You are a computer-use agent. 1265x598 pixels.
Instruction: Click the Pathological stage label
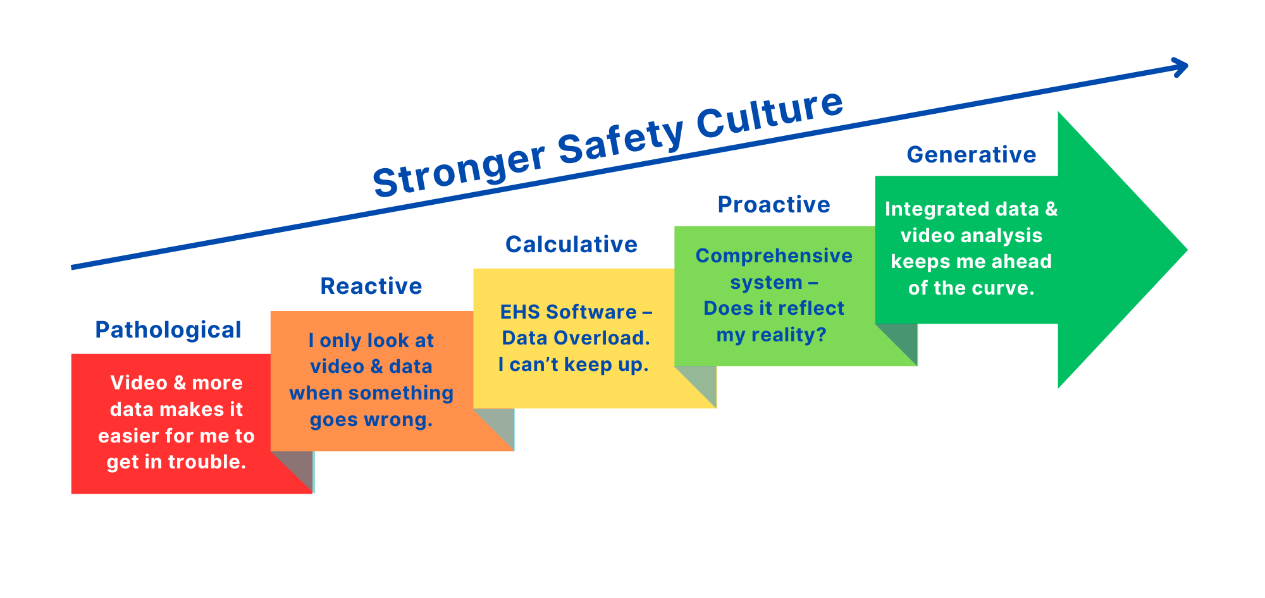tap(168, 330)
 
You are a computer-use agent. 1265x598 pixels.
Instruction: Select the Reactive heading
tap(371, 286)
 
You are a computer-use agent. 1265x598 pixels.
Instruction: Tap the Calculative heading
tap(571, 245)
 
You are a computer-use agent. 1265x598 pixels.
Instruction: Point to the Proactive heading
tap(774, 205)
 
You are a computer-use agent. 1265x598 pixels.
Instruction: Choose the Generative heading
tap(971, 155)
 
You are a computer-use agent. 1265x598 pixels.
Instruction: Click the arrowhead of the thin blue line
tap(1180, 67)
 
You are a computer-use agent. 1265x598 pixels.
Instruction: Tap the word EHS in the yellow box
tap(520, 312)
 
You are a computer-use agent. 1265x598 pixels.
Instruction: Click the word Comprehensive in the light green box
tap(774, 256)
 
